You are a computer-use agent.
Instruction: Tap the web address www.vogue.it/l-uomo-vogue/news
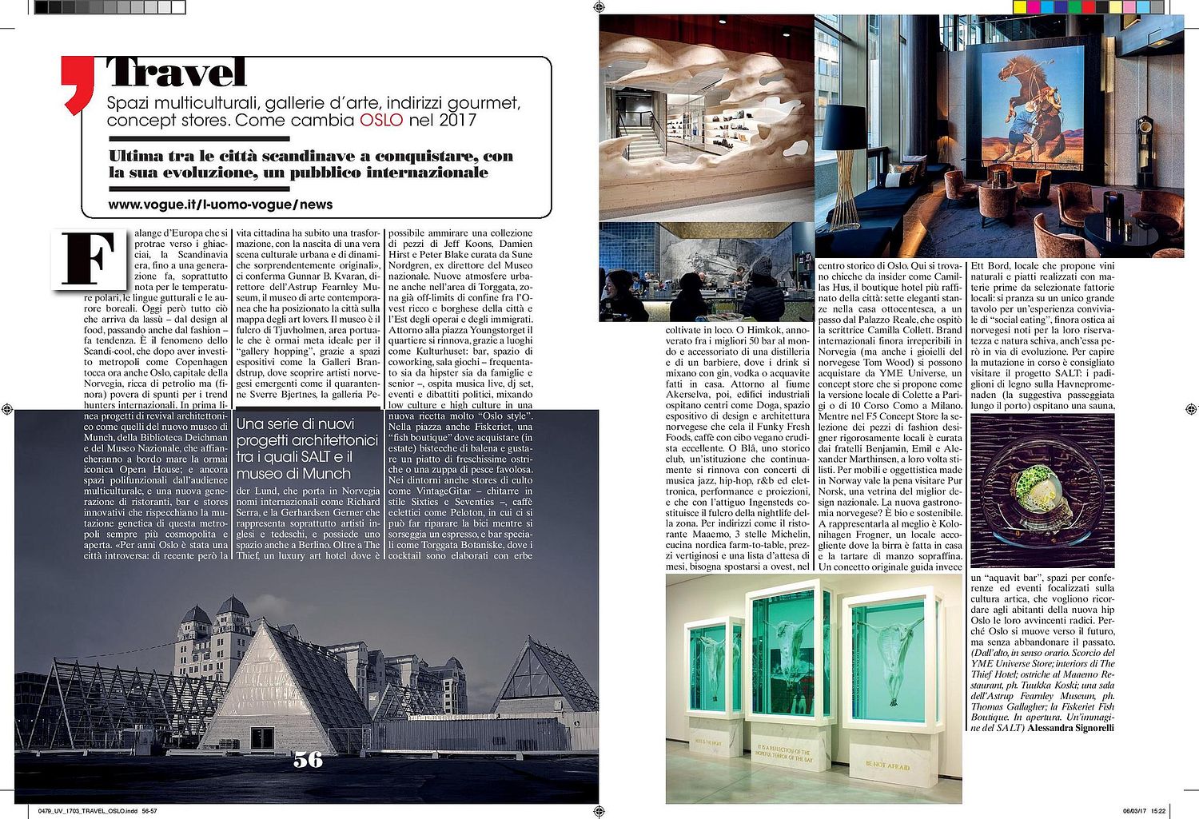[x=221, y=205]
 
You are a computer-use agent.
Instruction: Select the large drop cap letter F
[x=90, y=259]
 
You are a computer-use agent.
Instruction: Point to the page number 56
[x=308, y=760]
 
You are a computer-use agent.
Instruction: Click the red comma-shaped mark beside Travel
[x=78, y=84]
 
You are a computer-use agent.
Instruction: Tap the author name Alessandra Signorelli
[x=1070, y=728]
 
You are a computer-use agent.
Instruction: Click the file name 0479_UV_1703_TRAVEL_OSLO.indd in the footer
[x=88, y=811]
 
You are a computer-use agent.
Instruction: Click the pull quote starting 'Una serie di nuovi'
[x=307, y=448]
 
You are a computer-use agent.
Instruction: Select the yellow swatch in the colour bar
[x=1020, y=7]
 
